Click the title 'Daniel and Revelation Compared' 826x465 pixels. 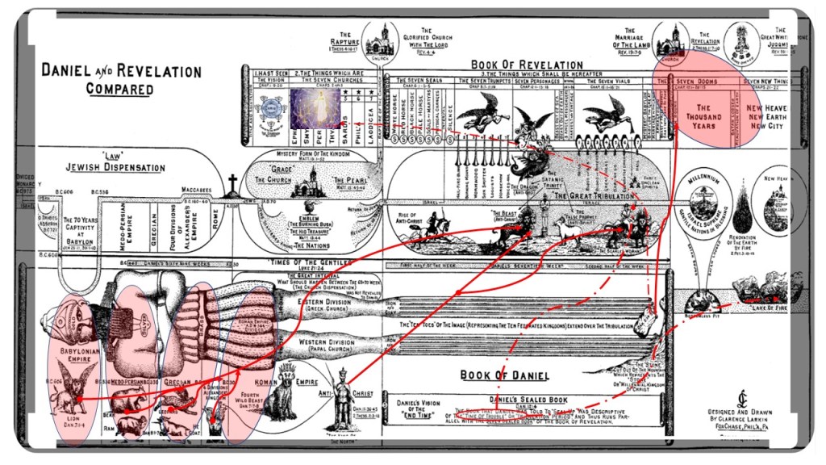coord(121,79)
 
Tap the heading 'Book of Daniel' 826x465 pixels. coord(505,375)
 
